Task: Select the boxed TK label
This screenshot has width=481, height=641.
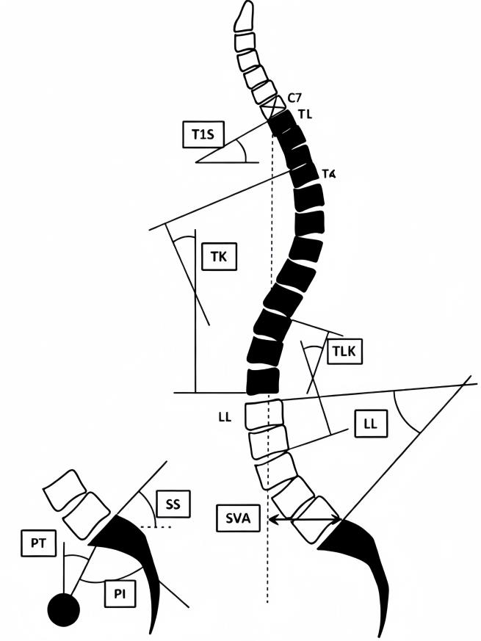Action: [x=218, y=256]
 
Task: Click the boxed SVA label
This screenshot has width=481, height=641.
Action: [x=237, y=518]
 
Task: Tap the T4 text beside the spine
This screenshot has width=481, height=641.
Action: [x=328, y=174]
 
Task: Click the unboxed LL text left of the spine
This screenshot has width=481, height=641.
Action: [x=225, y=417]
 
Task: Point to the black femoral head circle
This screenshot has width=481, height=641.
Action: [x=62, y=609]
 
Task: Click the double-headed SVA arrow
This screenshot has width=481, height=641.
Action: [x=304, y=520]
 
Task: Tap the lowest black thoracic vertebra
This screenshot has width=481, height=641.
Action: [x=263, y=380]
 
